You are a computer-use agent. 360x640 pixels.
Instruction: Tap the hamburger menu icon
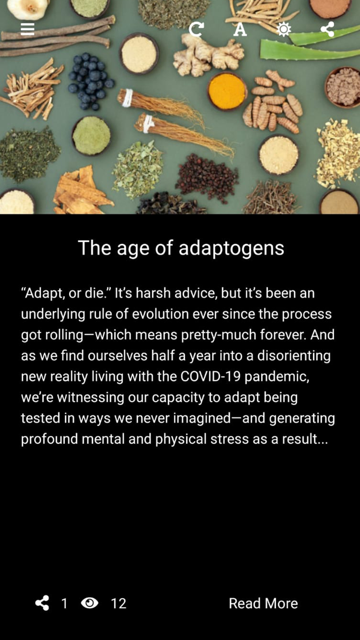pyautogui.click(x=27, y=29)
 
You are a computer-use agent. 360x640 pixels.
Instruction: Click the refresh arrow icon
pyautogui.click(x=196, y=29)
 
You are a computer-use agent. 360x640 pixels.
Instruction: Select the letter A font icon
pyautogui.click(x=240, y=29)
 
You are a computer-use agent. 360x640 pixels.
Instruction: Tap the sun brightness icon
pyautogui.click(x=284, y=29)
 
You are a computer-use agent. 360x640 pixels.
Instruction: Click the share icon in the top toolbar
pyautogui.click(x=327, y=29)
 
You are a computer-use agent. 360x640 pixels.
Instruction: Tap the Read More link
pyautogui.click(x=263, y=603)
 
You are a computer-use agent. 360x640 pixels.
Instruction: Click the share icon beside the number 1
pyautogui.click(x=42, y=603)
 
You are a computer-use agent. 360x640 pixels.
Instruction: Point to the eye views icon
pyautogui.click(x=90, y=603)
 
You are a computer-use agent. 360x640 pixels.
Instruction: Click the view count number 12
pyautogui.click(x=118, y=604)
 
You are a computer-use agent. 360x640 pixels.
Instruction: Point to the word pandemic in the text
pyautogui.click(x=276, y=377)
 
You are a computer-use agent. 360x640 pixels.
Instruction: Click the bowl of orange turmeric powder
pyautogui.click(x=227, y=91)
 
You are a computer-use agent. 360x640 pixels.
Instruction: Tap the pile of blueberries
pyautogui.click(x=90, y=81)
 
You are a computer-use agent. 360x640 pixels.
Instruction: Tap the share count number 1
pyautogui.click(x=64, y=604)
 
